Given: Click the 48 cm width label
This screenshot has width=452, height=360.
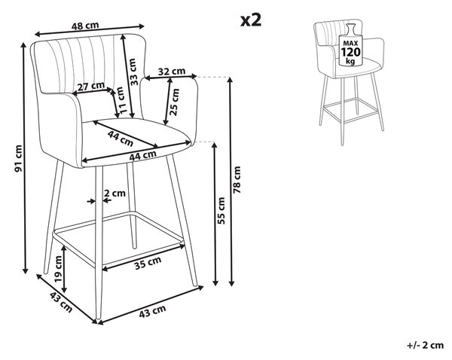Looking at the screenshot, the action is (x=85, y=26).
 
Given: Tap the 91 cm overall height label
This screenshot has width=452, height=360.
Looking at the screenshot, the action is (x=18, y=158).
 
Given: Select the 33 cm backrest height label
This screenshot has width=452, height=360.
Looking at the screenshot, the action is (x=133, y=72).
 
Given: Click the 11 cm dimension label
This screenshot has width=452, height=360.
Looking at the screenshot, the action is (x=122, y=100).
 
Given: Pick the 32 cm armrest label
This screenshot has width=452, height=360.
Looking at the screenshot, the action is (x=172, y=72).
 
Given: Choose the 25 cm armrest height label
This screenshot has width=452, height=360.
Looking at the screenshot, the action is (x=175, y=102).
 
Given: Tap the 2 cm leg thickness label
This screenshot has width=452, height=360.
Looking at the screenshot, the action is (x=115, y=193).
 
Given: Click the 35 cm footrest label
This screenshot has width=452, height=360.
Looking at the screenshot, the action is (x=148, y=263).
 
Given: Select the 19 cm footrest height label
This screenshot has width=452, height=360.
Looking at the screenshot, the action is (x=58, y=269).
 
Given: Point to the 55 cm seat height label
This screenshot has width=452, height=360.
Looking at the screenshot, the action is (x=221, y=211).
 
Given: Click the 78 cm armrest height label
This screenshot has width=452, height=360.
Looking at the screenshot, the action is (x=237, y=180).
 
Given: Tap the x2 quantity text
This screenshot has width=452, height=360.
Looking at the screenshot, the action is (x=251, y=20).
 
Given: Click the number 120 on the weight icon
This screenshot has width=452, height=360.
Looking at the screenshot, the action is (x=350, y=52).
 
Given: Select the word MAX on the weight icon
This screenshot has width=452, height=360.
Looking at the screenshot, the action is (x=350, y=43).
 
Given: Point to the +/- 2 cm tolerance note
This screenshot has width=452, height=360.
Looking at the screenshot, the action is (x=425, y=345).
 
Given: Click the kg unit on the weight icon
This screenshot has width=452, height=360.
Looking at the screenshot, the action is (x=350, y=61).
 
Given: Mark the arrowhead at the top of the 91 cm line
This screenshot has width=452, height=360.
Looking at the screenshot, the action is (x=26, y=45).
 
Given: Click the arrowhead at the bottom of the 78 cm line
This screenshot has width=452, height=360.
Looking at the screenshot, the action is (x=231, y=283).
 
